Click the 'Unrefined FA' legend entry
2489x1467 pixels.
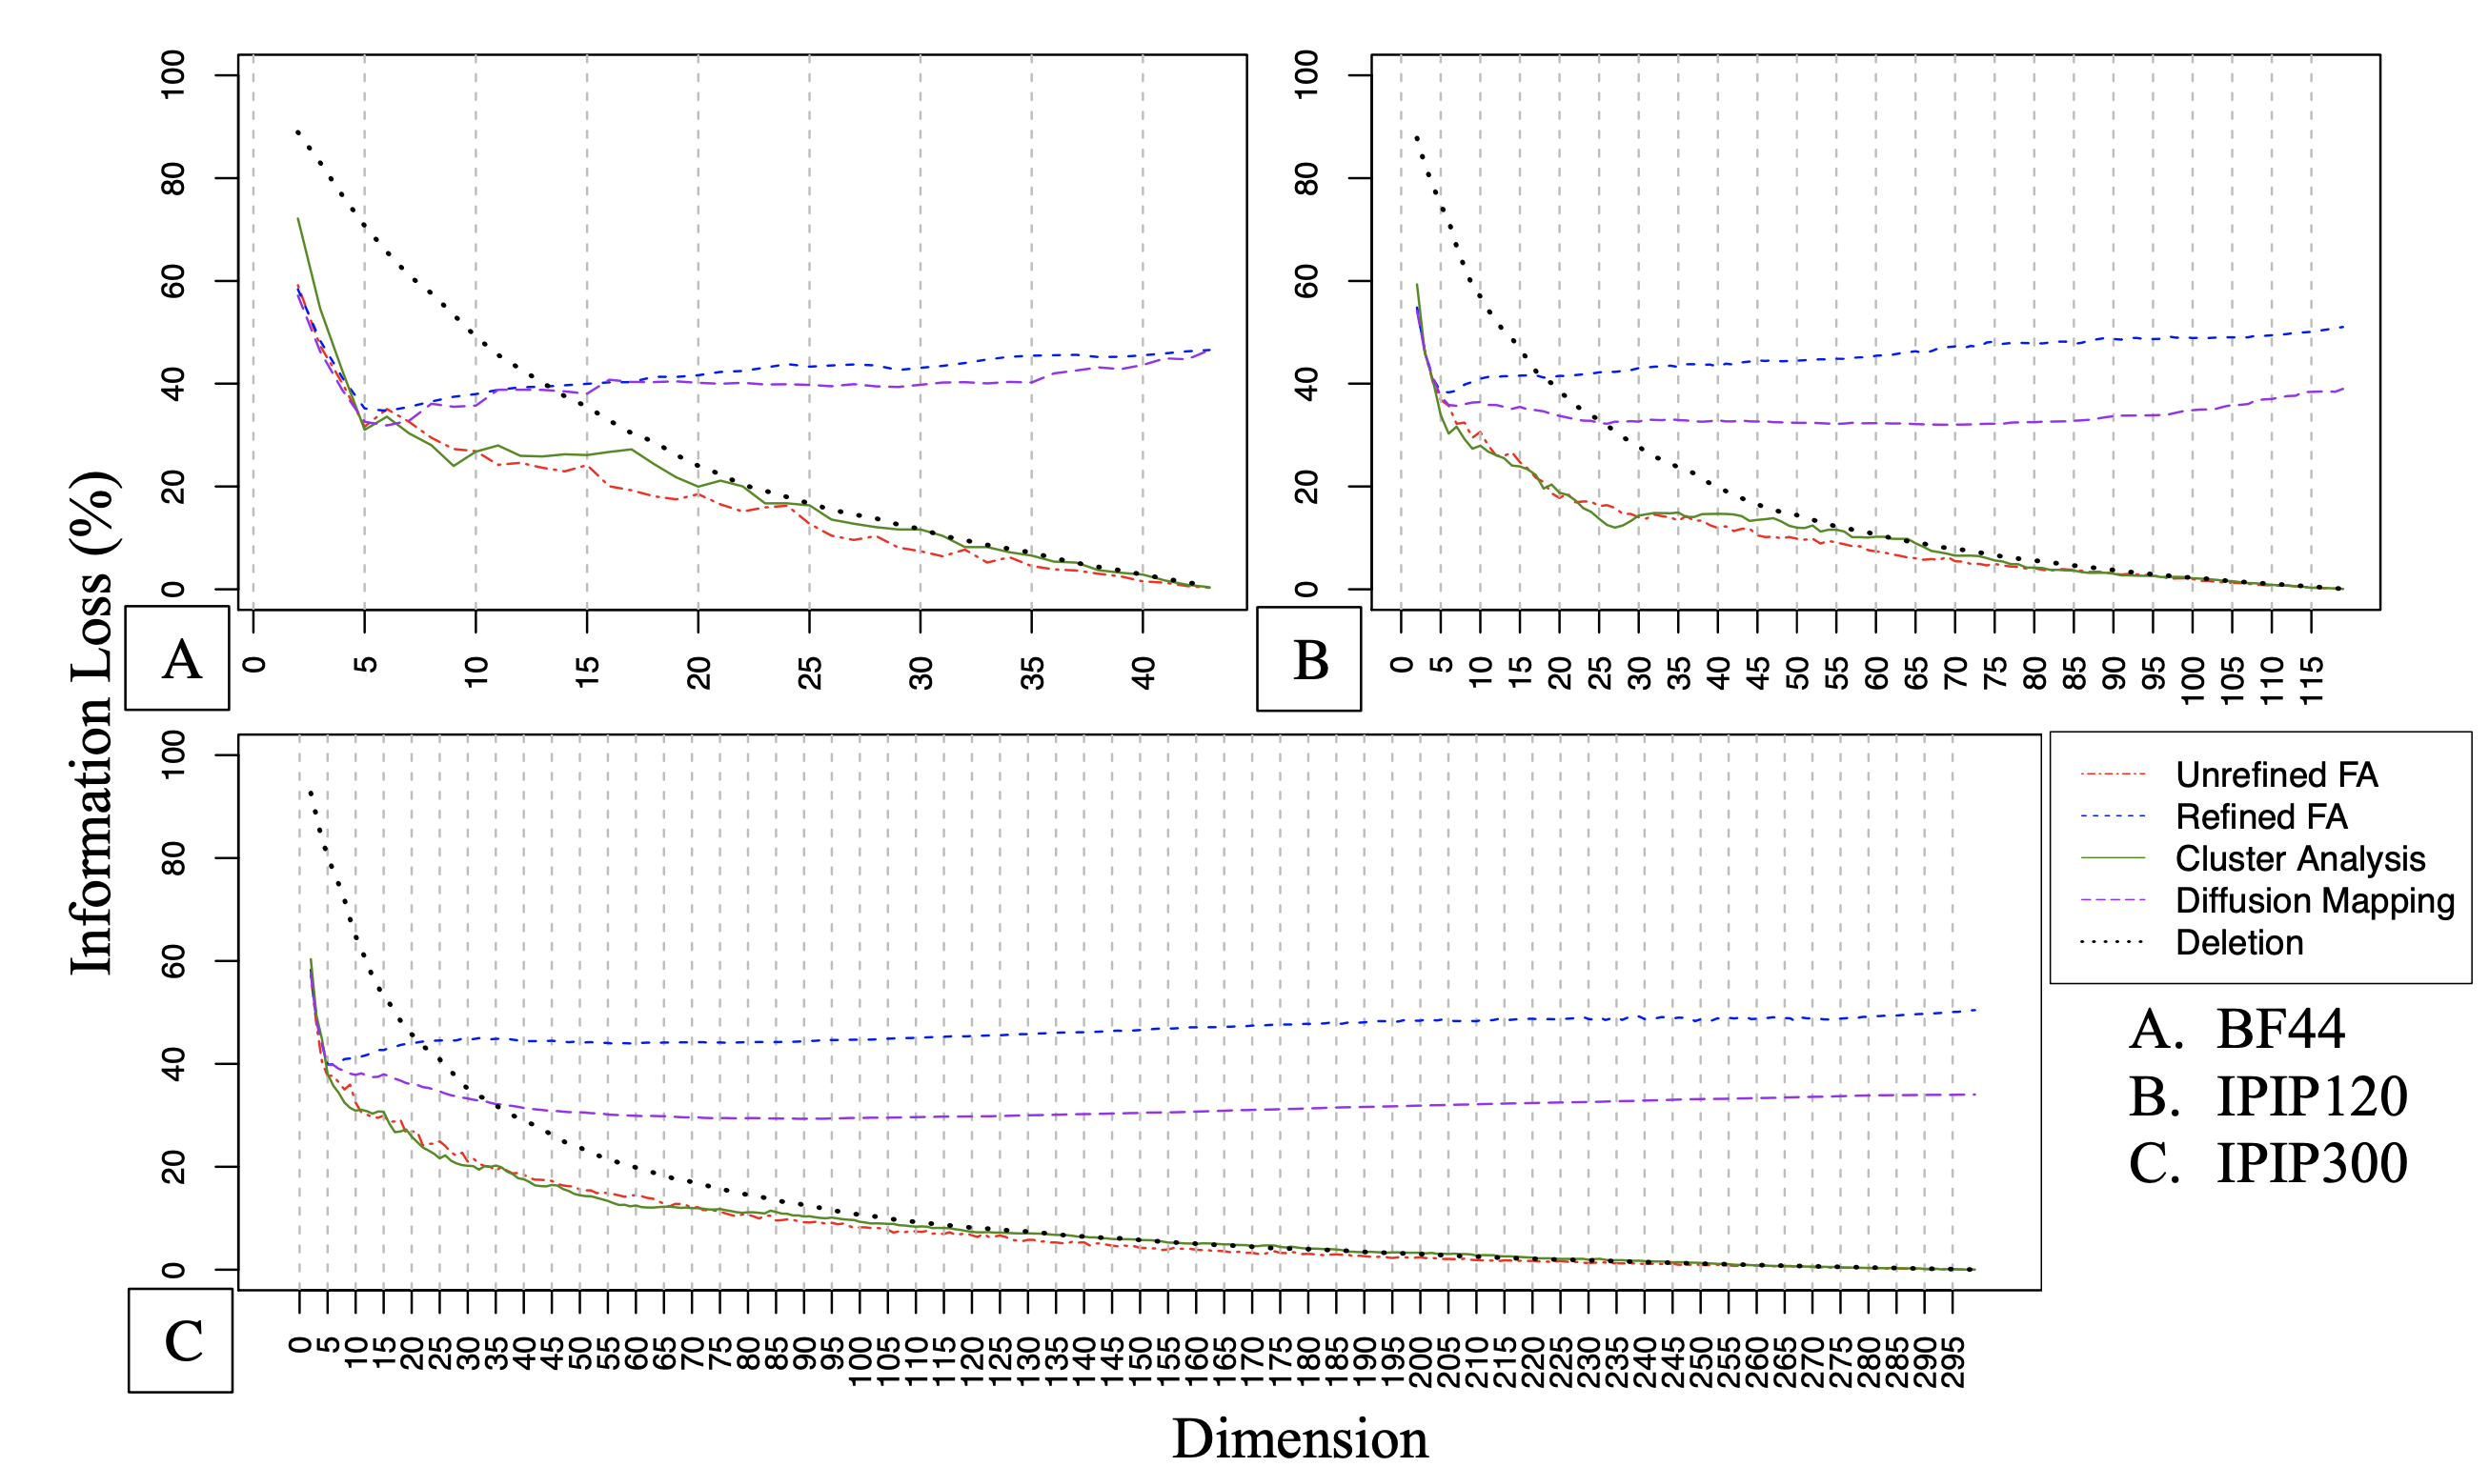[2276, 775]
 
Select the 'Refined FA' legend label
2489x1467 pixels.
[2260, 816]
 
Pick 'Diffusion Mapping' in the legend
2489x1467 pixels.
[2314, 900]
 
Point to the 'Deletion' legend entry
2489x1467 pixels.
[2238, 942]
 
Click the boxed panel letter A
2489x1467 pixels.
[180, 659]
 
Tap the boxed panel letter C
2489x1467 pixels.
[182, 1340]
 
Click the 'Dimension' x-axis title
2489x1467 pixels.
[1300, 1438]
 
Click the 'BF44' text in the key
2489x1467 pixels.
[2280, 1029]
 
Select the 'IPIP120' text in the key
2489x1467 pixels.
[2311, 1096]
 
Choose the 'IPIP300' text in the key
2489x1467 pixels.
[2311, 1162]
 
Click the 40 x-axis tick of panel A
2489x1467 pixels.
[1143, 673]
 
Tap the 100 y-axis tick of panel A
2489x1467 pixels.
[172, 75]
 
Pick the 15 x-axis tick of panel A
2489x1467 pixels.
[587, 673]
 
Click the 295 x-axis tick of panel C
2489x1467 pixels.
[1954, 1362]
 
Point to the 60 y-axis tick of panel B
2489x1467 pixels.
[1305, 281]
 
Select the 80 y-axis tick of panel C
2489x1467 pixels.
[172, 858]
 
